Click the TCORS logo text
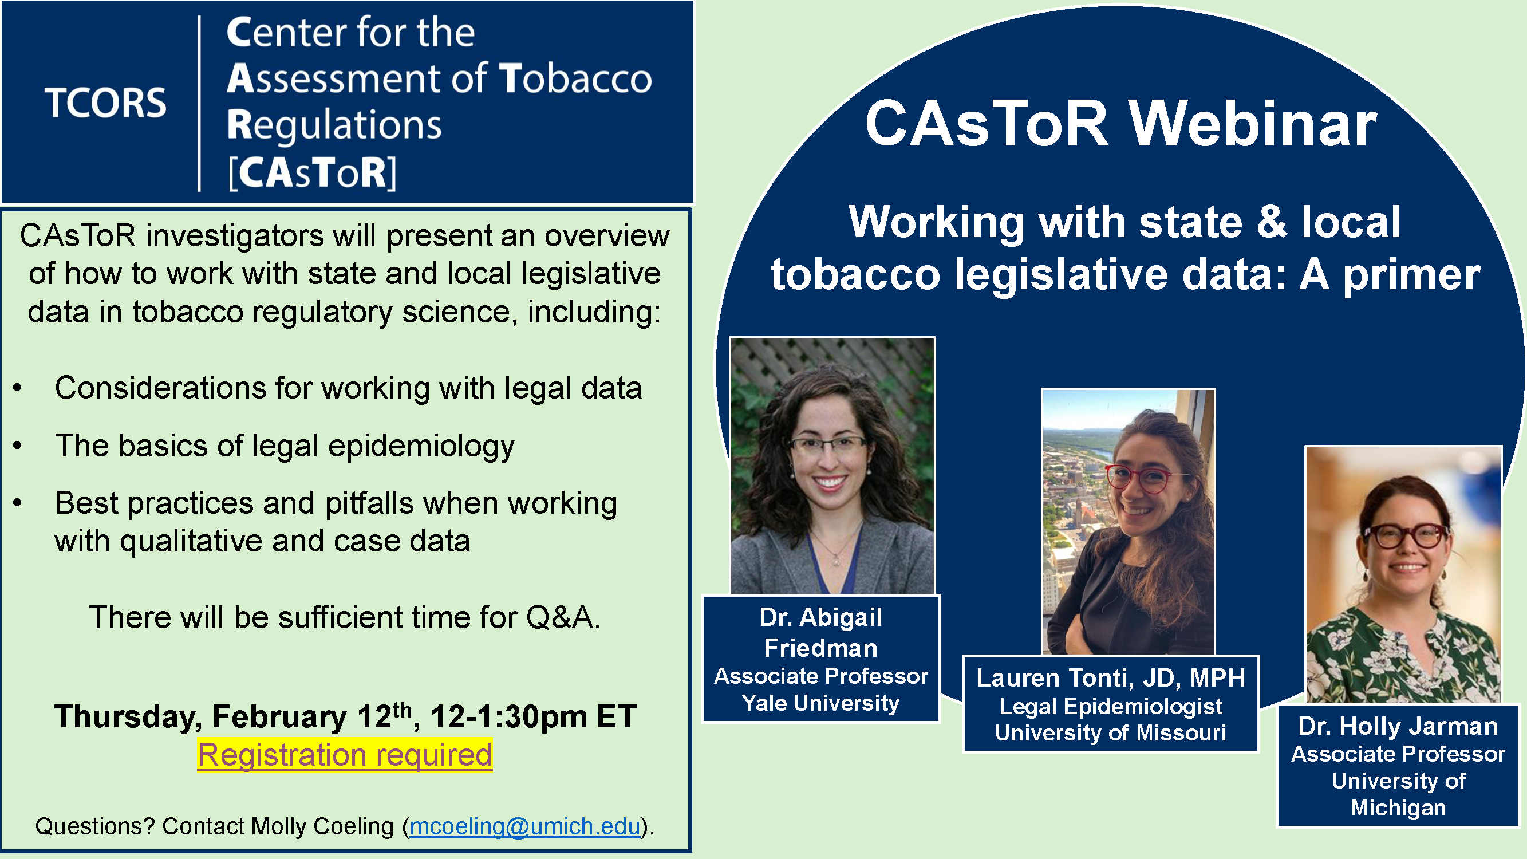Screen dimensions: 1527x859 tap(105, 103)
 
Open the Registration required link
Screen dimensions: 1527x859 tap(345, 755)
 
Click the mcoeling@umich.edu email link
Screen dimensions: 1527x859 tap(524, 826)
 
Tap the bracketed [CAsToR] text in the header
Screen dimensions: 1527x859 tap(313, 173)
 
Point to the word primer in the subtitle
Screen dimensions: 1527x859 tap(1411, 275)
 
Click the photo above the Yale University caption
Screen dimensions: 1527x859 tap(832, 466)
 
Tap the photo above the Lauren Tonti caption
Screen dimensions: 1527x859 tap(1129, 522)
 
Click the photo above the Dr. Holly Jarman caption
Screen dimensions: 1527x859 tap(1403, 574)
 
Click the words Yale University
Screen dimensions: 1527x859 tap(820, 703)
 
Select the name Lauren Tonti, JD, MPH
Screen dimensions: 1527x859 tap(1110, 677)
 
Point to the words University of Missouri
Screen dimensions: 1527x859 tap(1110, 733)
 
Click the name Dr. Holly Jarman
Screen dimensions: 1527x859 tap(1398, 726)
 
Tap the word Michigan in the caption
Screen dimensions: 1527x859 tap(1398, 807)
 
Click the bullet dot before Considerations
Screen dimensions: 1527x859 tap(18, 388)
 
